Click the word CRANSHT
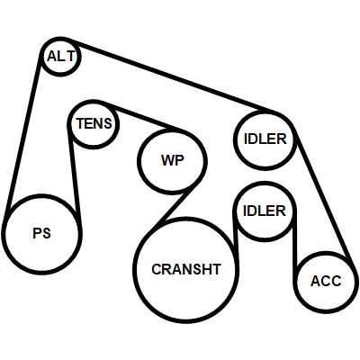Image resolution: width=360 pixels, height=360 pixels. pyautogui.click(x=186, y=269)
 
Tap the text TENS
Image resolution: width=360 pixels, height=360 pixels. pyautogui.click(x=94, y=123)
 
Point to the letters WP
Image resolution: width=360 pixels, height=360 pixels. pyautogui.click(x=173, y=161)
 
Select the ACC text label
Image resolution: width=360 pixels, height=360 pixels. pyautogui.click(x=326, y=281)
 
